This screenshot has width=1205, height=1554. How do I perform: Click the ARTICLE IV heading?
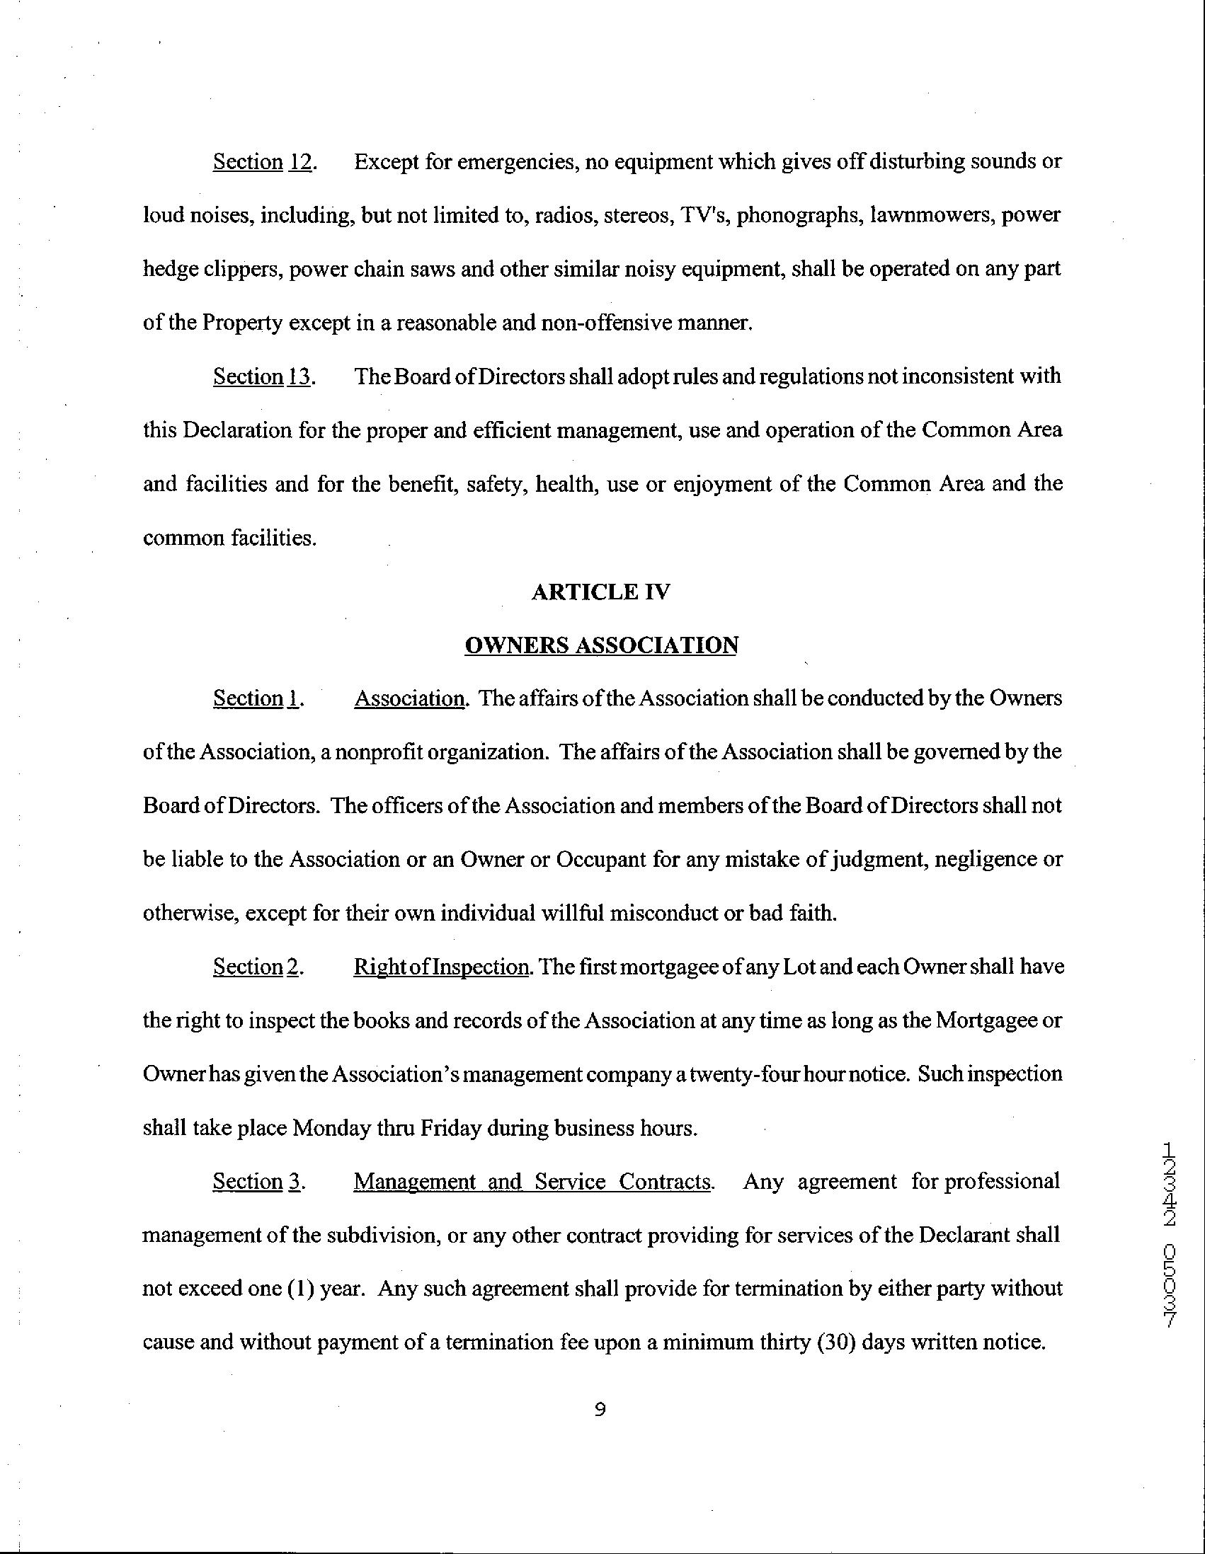coord(600,592)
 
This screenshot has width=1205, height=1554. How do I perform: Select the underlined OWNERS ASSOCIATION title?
coord(600,645)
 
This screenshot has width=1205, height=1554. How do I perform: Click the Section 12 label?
coord(263,162)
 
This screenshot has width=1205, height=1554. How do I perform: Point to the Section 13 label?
coord(263,376)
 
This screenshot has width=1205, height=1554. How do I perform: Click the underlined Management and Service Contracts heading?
coord(532,1182)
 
